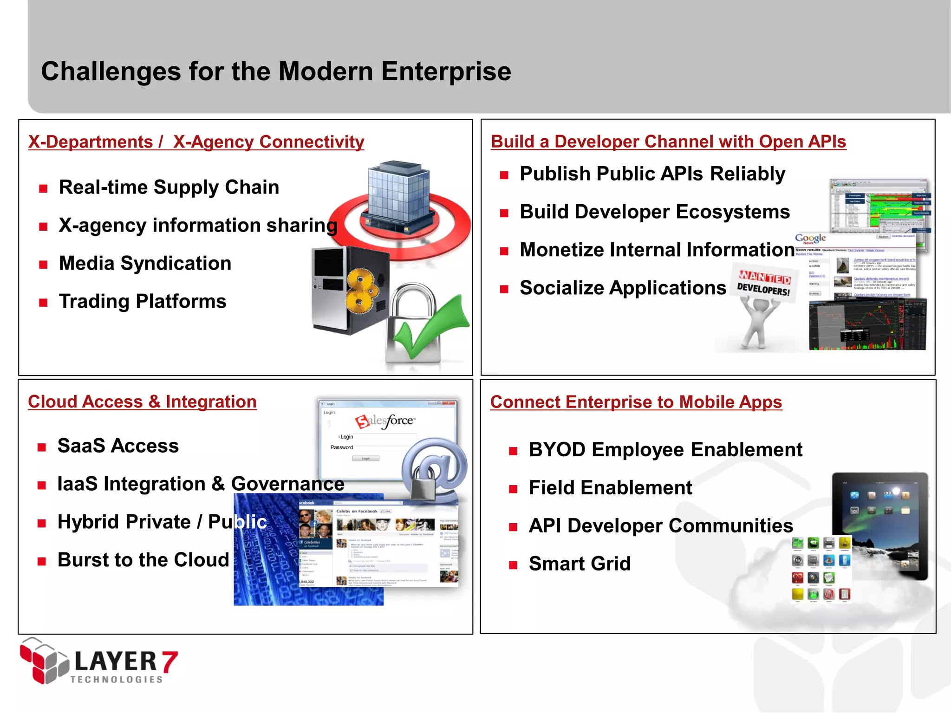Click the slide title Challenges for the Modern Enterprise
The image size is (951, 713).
(276, 71)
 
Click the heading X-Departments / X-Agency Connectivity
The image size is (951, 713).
(196, 142)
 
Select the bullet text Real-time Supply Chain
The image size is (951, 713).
(169, 187)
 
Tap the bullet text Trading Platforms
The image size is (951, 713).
(143, 301)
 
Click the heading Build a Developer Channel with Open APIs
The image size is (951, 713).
(668, 142)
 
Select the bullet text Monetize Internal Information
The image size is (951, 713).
(657, 250)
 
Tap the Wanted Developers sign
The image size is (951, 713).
(764, 283)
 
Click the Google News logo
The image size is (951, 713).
(810, 239)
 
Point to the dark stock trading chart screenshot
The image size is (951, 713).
(867, 325)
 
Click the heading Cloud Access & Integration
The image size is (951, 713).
(142, 402)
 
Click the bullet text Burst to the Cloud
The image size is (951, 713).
(143, 560)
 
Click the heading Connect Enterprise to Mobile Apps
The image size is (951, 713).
(636, 402)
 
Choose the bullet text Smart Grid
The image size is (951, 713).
(580, 564)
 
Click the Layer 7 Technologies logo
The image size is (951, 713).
(98, 661)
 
